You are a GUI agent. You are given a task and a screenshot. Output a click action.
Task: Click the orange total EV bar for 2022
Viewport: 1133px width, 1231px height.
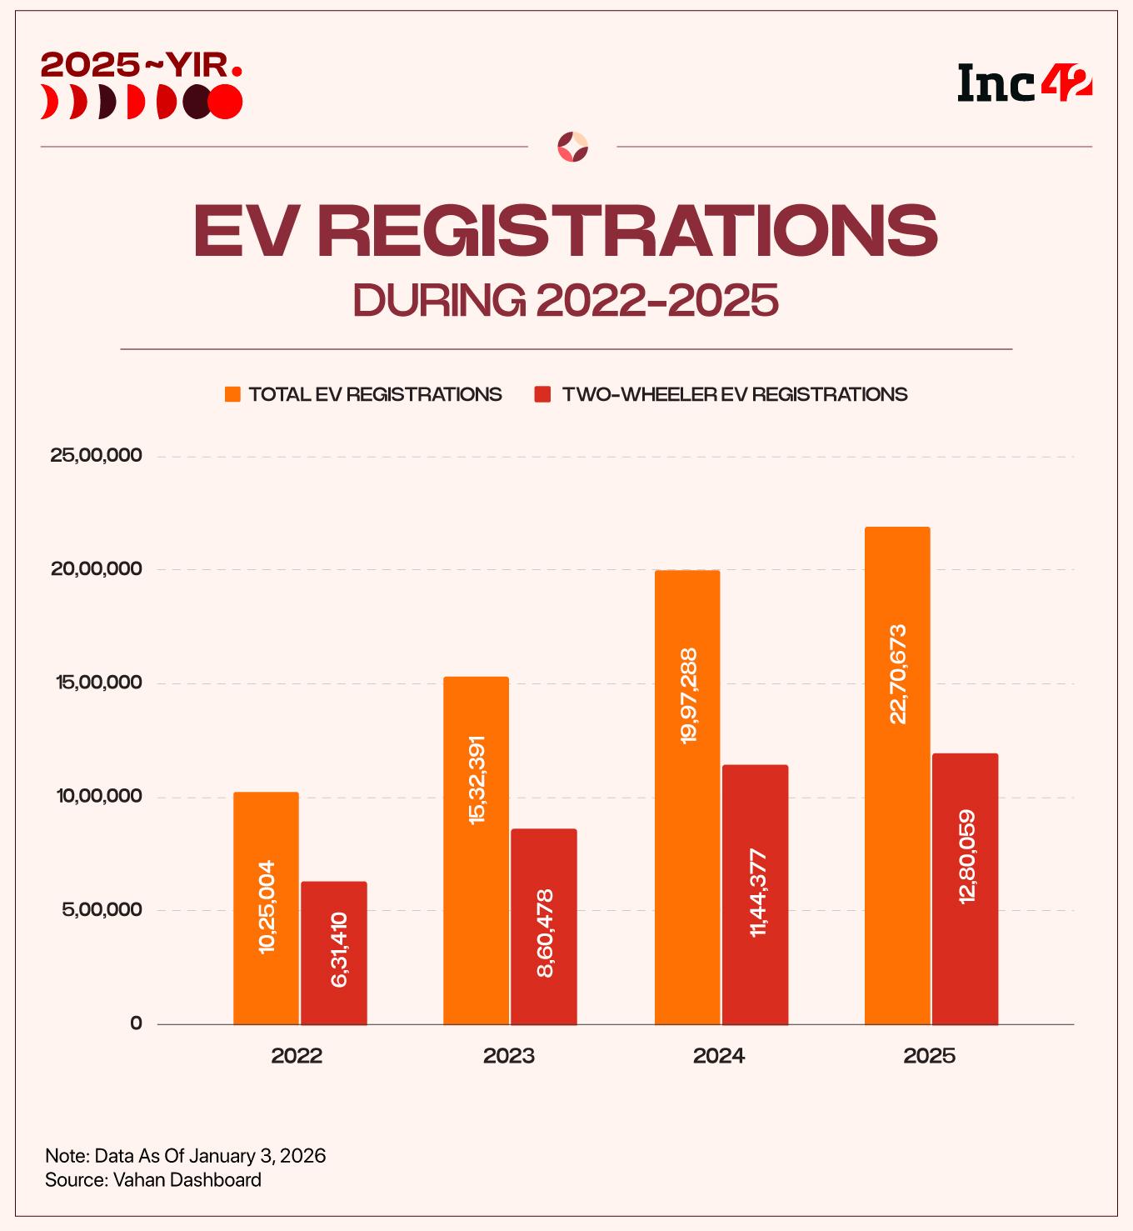point(266,833)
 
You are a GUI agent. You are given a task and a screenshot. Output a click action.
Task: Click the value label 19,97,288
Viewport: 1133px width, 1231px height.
point(688,695)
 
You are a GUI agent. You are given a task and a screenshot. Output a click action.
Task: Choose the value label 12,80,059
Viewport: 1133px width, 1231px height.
point(966,857)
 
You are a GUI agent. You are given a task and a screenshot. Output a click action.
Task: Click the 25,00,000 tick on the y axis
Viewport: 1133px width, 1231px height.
point(97,456)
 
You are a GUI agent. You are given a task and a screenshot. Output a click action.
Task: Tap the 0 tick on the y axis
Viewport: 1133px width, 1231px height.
point(137,1023)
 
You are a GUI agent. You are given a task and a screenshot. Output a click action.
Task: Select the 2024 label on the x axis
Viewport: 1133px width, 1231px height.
point(719,1056)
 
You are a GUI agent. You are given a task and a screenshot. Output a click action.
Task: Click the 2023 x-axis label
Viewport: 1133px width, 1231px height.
point(508,1056)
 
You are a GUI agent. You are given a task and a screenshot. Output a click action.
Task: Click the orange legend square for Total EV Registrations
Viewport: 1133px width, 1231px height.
point(232,394)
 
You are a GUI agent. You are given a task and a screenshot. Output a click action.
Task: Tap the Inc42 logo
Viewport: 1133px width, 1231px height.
point(1025,83)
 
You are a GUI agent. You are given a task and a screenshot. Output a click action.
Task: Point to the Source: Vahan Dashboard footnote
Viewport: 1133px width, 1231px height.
point(153,1180)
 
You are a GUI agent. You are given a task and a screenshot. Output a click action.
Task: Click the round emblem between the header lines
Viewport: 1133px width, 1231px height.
point(572,147)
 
